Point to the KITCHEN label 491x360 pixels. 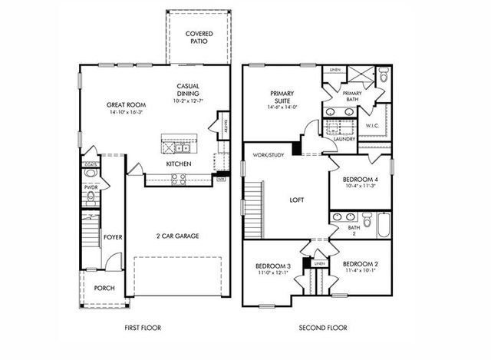click(179, 163)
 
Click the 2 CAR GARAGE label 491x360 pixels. click(178, 236)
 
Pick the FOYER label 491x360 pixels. click(113, 237)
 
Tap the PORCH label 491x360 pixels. click(104, 289)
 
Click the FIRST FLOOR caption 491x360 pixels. click(143, 328)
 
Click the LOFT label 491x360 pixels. click(296, 200)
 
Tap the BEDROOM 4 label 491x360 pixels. click(360, 180)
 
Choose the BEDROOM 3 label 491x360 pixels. click(273, 266)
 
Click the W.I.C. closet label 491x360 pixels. click(373, 126)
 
